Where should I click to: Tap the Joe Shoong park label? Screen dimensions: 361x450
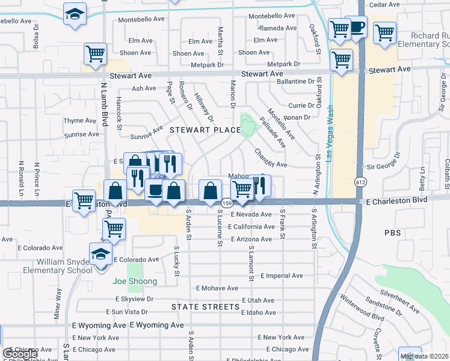pos(135,281)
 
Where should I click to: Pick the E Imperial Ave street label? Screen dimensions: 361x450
pos(282,276)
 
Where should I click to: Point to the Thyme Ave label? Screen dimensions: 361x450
pos(81,121)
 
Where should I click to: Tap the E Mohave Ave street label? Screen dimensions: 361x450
pos(217,289)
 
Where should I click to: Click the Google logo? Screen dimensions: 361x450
pos(21,354)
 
